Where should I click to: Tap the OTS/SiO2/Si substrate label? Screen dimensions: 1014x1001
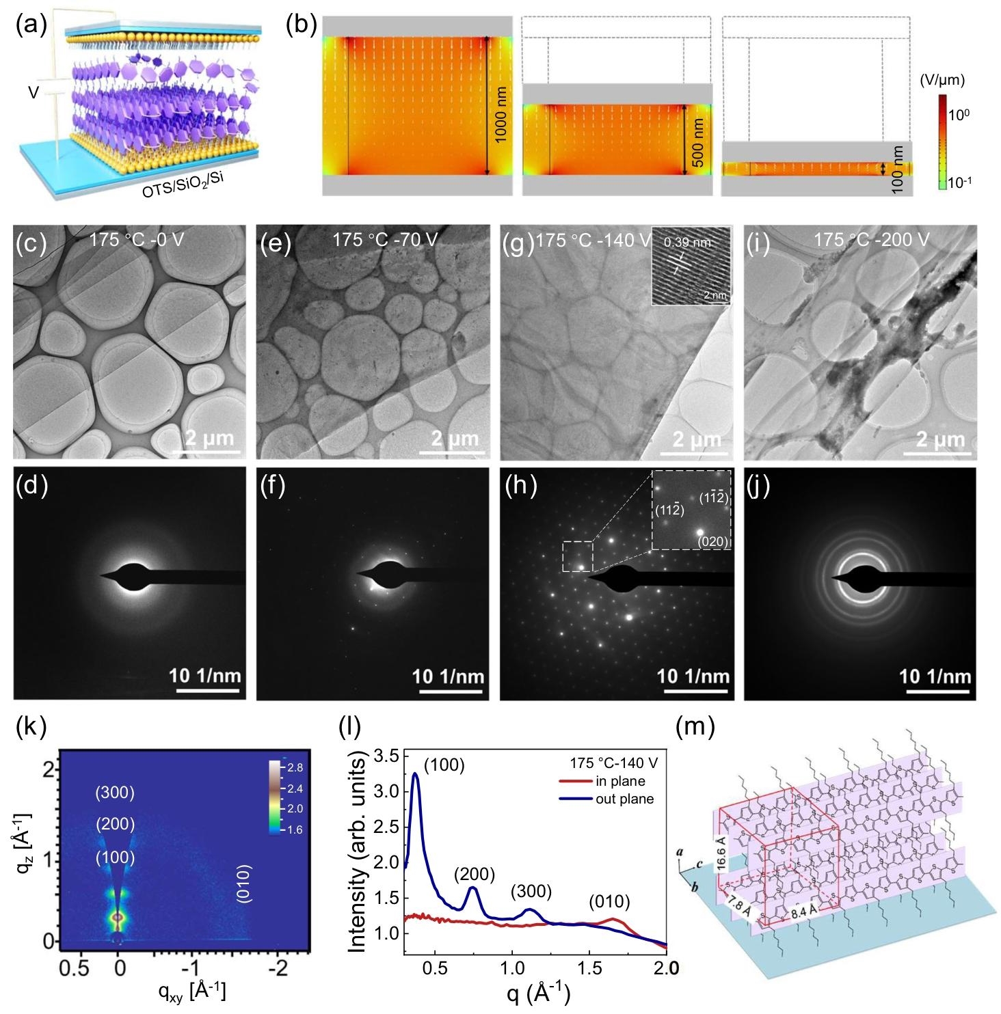pyautogui.click(x=180, y=181)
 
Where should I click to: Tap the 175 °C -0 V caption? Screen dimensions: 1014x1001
pyautogui.click(x=137, y=241)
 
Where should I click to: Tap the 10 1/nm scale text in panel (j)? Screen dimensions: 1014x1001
pyautogui.click(x=935, y=676)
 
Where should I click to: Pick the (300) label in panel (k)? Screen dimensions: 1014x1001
pyautogui.click(x=115, y=793)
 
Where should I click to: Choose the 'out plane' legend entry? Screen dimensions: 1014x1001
pyautogui.click(x=625, y=799)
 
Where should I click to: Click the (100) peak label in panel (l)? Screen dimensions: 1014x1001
pyautogui.click(x=444, y=765)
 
